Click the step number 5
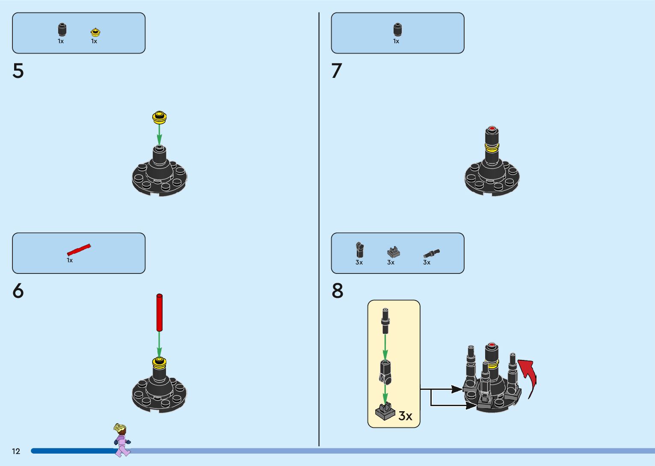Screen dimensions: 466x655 [x=18, y=71]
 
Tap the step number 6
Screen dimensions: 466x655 [x=18, y=291]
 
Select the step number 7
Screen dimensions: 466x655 [x=337, y=71]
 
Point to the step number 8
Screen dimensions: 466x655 [x=337, y=291]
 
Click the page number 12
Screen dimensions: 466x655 [x=16, y=451]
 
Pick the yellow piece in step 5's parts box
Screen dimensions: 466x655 [x=95, y=32]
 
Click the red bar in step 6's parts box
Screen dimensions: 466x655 [x=79, y=249]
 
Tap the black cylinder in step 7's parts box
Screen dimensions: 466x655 [x=397, y=30]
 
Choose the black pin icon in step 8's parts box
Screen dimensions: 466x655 [x=431, y=253]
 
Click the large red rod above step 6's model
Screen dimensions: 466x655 [x=160, y=312]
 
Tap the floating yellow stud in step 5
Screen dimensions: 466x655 [x=159, y=117]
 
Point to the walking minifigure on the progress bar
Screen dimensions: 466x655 [x=122, y=440]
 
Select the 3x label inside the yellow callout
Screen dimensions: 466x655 [x=405, y=416]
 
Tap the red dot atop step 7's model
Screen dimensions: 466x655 [x=492, y=128]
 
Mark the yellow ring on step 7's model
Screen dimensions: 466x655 [x=492, y=148]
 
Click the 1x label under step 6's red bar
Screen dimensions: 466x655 [x=70, y=260]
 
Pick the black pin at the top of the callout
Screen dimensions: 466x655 [x=385, y=320]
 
